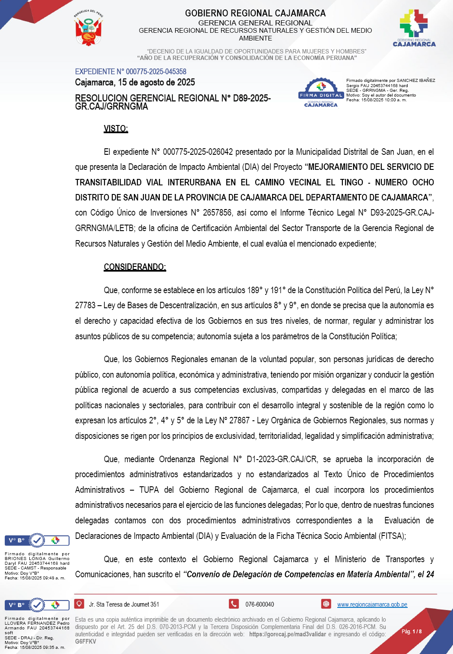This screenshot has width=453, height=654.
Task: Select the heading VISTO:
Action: pos(116,128)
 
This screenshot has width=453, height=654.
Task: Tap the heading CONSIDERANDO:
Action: pos(135,267)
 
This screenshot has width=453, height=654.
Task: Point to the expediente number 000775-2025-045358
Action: pos(156,72)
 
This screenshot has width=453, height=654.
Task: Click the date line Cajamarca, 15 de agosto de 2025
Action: pos(135,82)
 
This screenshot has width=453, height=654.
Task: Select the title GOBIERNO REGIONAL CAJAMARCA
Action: pos(255,13)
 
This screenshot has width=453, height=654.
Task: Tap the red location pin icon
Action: pos(79,604)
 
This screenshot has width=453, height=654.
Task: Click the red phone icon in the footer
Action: pos(234,604)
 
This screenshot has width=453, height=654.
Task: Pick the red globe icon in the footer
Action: pos(326,604)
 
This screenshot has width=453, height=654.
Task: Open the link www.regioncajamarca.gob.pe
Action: pos(372,604)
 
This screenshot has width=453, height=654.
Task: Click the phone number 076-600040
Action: pos(260,604)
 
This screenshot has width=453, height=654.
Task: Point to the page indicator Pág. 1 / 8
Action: pos(412,632)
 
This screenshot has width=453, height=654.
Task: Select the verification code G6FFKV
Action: pos(86,641)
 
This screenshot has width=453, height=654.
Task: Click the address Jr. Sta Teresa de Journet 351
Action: pos(124,604)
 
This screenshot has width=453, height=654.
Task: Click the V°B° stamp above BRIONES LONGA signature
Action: pos(37,540)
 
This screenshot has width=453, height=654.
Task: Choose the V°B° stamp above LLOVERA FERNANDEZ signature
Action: pos(37,605)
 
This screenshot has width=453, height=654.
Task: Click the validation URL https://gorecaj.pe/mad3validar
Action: pos(287,634)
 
